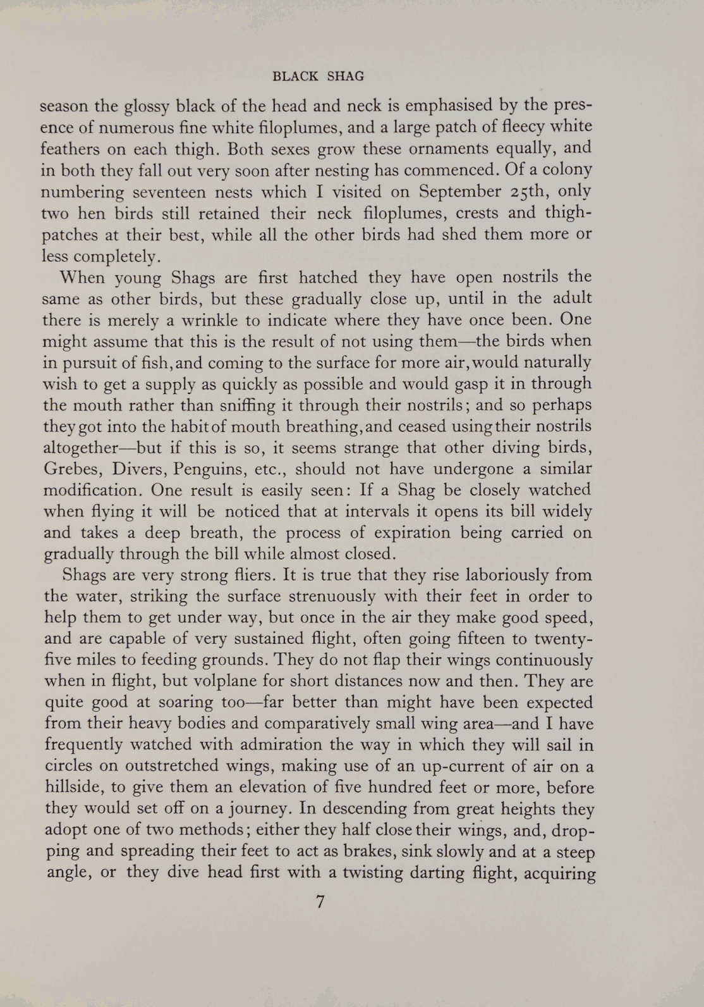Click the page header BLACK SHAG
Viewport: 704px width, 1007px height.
click(318, 77)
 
